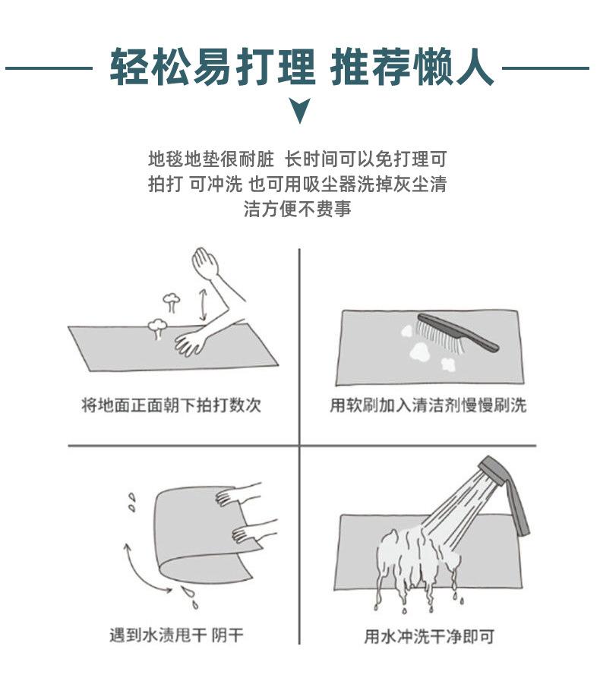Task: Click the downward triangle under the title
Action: (x=300, y=110)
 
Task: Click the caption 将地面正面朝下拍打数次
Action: (x=171, y=405)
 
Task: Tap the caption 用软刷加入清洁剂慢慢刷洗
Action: (x=428, y=405)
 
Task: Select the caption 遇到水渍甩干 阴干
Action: (x=176, y=635)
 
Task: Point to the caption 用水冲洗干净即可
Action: (x=429, y=636)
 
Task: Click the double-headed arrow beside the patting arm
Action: (x=203, y=304)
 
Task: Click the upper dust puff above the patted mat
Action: (x=172, y=302)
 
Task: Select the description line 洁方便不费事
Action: (x=297, y=209)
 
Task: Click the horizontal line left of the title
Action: (x=49, y=68)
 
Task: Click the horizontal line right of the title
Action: (x=546, y=68)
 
